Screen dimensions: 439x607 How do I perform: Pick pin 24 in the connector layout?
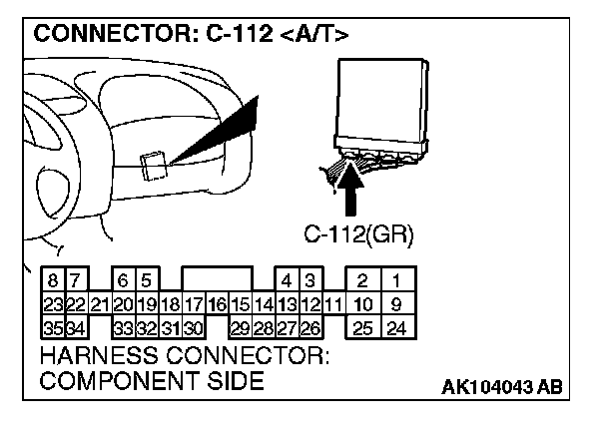pyautogui.click(x=396, y=327)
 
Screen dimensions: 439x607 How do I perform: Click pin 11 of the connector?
pyautogui.click(x=333, y=304)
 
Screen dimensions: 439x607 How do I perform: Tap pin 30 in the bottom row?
pyautogui.click(x=194, y=327)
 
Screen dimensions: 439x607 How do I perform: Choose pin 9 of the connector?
pyautogui.click(x=396, y=304)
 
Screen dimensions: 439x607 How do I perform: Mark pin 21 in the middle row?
pyautogui.click(x=100, y=304)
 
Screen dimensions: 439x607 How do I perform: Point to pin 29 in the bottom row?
pyautogui.click(x=240, y=327)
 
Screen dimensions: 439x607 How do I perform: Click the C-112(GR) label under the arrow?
pyautogui.click(x=358, y=236)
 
